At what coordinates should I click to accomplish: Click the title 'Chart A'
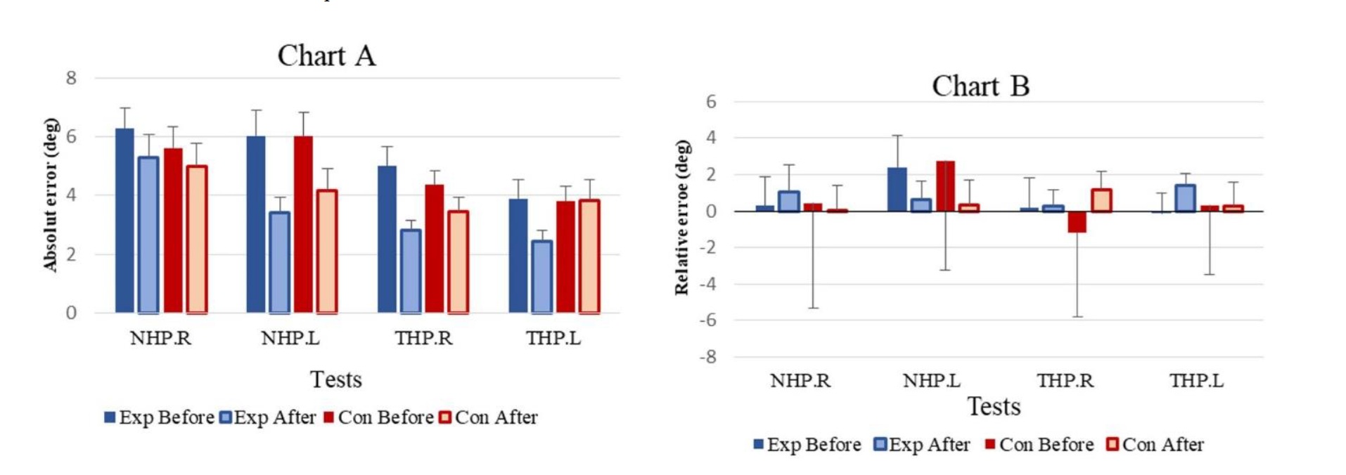tap(326, 56)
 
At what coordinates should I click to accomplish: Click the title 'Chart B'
tap(980, 86)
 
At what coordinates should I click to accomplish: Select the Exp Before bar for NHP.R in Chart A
tap(124, 221)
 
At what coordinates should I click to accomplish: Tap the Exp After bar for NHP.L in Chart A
tap(279, 262)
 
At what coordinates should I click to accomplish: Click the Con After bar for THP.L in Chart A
tap(589, 256)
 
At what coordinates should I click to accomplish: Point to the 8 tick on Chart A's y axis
tap(71, 78)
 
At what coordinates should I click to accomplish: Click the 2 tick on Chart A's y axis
tap(71, 254)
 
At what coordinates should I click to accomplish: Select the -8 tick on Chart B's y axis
tap(707, 357)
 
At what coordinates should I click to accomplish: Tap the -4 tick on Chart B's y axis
tap(707, 284)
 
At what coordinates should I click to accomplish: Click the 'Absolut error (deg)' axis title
tap(50, 195)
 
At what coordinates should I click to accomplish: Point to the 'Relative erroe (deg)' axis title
tap(681, 217)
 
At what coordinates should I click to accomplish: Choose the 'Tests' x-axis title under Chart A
tap(336, 379)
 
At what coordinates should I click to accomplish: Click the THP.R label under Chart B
tap(1065, 381)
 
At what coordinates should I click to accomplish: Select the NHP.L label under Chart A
tap(290, 339)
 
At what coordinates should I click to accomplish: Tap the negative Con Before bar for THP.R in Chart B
tap(1077, 221)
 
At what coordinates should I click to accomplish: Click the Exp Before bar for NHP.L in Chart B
tap(897, 190)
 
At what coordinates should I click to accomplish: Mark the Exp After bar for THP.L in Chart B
tap(1185, 198)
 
